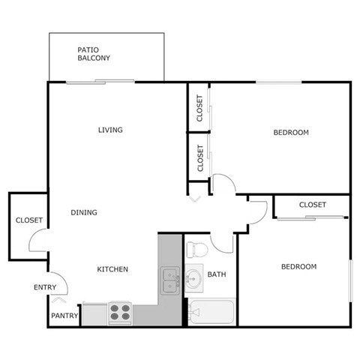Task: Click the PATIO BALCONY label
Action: [94, 54]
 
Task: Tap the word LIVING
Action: [110, 130]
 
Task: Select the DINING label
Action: [84, 212]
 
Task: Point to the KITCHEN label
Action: [112, 269]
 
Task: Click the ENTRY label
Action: [45, 287]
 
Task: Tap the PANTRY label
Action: [64, 316]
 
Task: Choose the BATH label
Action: [217, 274]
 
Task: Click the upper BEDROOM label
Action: [290, 133]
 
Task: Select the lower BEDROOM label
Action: [298, 266]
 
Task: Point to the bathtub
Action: [211, 311]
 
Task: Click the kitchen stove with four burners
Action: [120, 311]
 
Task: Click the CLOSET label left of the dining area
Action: [28, 220]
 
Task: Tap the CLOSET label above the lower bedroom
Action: [312, 205]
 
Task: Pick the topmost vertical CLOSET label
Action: [199, 108]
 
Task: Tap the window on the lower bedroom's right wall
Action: [350, 280]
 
